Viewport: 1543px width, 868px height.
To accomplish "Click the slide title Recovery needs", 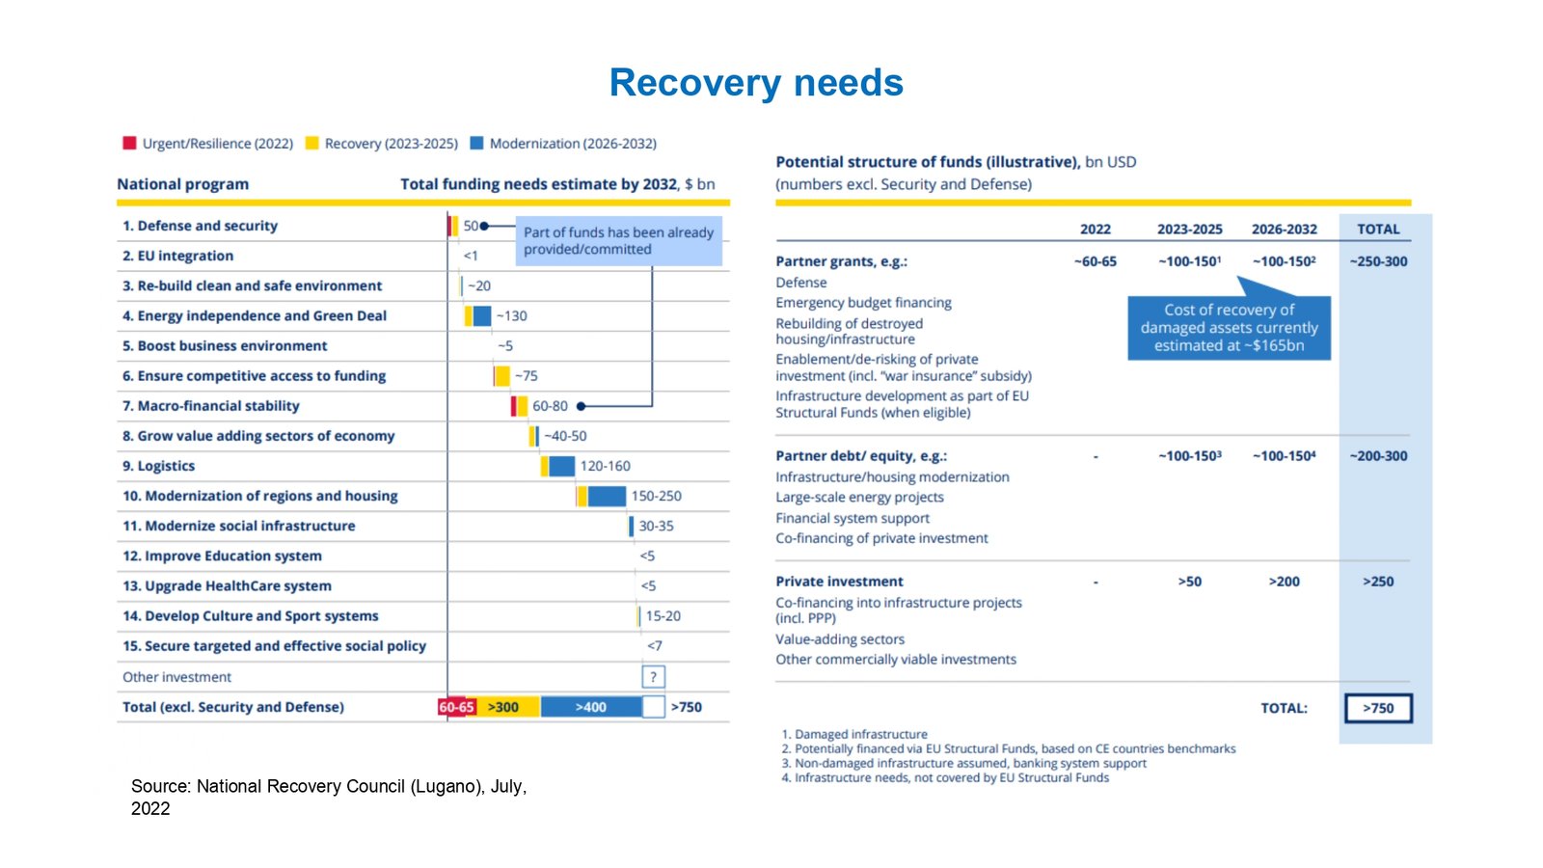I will tap(756, 83).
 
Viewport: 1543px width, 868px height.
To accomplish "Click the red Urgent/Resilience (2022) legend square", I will tap(129, 143).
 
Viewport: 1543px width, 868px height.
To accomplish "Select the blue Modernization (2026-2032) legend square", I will tap(476, 143).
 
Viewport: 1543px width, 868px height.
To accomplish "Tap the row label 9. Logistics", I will tap(158, 466).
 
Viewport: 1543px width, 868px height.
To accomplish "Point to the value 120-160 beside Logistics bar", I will tap(605, 466).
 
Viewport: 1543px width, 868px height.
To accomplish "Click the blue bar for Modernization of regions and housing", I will tap(607, 496).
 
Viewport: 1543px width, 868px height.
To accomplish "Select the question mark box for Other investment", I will tap(653, 677).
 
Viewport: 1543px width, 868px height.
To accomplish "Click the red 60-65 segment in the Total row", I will tap(456, 707).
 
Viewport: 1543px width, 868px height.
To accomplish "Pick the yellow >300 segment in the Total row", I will tap(503, 707).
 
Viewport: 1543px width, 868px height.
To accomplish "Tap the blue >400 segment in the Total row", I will tap(590, 707).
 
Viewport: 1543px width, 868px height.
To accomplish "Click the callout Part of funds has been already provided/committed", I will tap(618, 240).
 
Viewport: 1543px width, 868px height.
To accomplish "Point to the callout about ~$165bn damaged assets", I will tap(1229, 328).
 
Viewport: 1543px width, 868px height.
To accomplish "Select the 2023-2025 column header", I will tap(1189, 230).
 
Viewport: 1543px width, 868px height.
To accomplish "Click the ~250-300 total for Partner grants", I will tap(1378, 261).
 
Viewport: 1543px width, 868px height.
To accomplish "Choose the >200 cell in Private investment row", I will tap(1284, 582).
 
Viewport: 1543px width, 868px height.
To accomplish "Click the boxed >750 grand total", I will tap(1378, 708).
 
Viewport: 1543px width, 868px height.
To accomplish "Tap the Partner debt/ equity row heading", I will tap(861, 456).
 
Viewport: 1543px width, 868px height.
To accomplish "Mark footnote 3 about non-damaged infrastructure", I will tap(964, 763).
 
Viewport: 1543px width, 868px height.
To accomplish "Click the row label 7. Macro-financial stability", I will tap(210, 406).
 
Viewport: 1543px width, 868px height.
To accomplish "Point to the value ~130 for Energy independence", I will tap(511, 315).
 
